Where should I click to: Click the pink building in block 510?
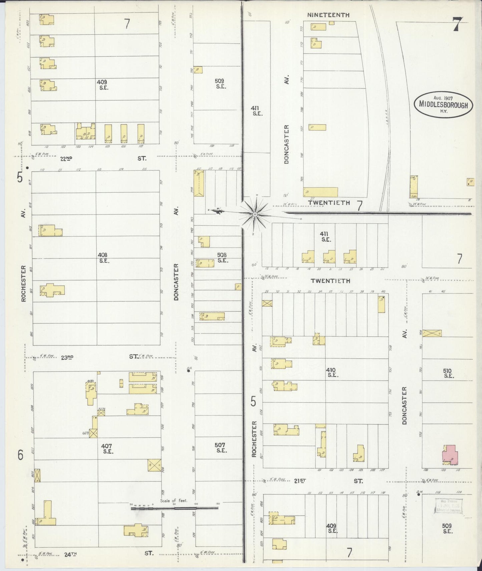pyautogui.click(x=450, y=455)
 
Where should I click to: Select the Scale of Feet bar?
pyautogui.click(x=174, y=508)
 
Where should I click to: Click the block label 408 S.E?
pyautogui.click(x=103, y=258)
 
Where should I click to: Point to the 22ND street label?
pyautogui.click(x=66, y=159)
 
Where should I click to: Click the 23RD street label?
pyautogui.click(x=67, y=357)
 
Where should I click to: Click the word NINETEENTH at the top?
pyautogui.click(x=328, y=15)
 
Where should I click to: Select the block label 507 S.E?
pyautogui.click(x=220, y=447)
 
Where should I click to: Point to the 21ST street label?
pyautogui.click(x=300, y=481)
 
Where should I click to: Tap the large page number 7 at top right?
pyautogui.click(x=457, y=24)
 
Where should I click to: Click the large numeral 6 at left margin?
pyautogui.click(x=21, y=455)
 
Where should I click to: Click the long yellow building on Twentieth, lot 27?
pyautogui.click(x=320, y=192)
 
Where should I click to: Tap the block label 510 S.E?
pyautogui.click(x=448, y=373)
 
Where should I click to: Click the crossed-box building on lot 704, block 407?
pyautogui.click(x=154, y=465)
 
